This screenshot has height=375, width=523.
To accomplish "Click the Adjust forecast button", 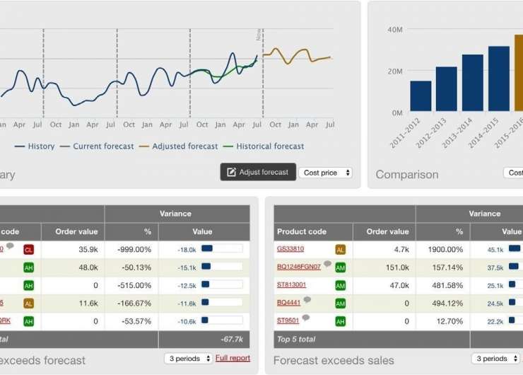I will tap(258, 172).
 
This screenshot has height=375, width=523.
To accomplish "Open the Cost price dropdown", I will tap(326, 173).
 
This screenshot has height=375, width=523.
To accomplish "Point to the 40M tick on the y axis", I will tap(394, 30).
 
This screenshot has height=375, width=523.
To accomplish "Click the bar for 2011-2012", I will tap(421, 96).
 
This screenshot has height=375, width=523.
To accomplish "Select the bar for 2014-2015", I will tap(499, 79).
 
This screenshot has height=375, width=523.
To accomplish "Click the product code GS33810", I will tap(290, 249).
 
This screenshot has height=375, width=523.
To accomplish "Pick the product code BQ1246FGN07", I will tap(298, 267).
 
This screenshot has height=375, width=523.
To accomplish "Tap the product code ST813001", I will tap(291, 285).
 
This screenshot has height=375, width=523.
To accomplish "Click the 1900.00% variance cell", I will tap(444, 249).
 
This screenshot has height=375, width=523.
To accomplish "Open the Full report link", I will tap(233, 358).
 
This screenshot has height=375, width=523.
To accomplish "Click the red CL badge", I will tap(28, 249).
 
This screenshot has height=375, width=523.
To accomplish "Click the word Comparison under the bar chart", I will tap(407, 174).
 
